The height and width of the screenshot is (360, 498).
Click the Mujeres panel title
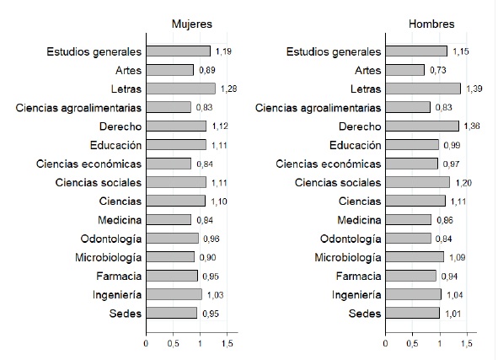[192, 24]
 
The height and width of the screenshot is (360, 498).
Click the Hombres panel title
[431, 24]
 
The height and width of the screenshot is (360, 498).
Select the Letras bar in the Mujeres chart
[180, 89]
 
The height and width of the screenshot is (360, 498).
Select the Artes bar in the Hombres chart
[405, 70]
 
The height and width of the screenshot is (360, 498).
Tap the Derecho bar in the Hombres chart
[422, 126]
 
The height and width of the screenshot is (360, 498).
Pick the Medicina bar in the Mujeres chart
[169, 219]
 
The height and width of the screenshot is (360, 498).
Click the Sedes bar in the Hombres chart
[413, 313]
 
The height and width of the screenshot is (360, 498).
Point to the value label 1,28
[228, 89]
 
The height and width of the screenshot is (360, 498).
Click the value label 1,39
[474, 89]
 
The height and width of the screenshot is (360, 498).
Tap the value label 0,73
[438, 70]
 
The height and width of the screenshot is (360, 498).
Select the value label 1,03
[216, 295]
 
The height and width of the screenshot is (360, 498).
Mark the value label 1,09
[458, 257]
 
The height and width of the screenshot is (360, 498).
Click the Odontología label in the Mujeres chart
[111, 239]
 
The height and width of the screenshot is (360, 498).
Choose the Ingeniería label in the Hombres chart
[356, 295]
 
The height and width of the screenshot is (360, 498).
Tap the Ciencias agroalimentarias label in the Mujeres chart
[78, 108]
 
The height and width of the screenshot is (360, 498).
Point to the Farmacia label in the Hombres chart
[359, 276]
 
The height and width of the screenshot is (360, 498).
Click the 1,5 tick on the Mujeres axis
[227, 343]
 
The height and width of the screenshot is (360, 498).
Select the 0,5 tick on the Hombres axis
[413, 343]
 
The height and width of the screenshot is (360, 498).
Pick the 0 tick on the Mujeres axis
[146, 343]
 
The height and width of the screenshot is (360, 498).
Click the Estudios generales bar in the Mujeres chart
[178, 51]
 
